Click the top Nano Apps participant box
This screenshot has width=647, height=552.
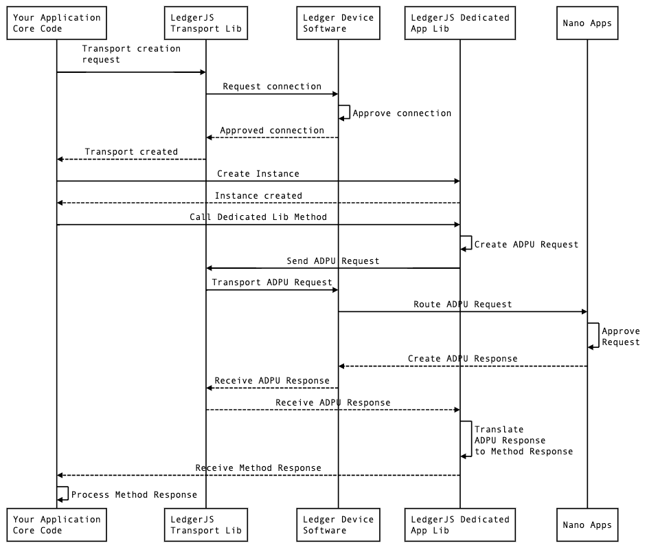click(587, 23)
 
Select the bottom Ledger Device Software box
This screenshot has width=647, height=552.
click(337, 525)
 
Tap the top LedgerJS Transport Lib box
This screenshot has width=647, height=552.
click(206, 23)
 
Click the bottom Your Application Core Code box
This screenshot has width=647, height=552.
click(56, 525)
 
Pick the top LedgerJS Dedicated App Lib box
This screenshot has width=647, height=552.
click(459, 23)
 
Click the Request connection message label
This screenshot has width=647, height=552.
click(272, 87)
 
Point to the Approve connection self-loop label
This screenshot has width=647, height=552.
click(402, 113)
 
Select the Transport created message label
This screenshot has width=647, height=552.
click(131, 152)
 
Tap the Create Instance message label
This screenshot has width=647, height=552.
click(258, 174)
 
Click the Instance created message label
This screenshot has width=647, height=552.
click(258, 196)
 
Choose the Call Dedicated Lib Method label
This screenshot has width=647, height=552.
click(258, 217)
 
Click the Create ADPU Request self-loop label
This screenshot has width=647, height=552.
click(526, 244)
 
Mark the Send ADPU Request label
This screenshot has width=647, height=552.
click(333, 261)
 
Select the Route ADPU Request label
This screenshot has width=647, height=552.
click(462, 304)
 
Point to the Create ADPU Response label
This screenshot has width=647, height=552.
click(462, 359)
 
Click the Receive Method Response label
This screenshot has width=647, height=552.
click(258, 468)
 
